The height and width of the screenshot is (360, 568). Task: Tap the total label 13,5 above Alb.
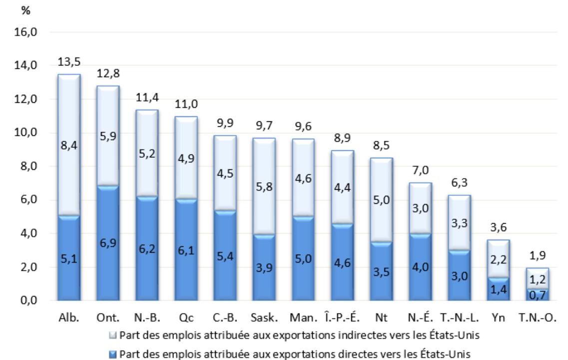[69, 62]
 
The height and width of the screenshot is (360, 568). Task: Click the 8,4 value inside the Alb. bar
[69, 145]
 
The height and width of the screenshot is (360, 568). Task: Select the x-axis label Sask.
[263, 318]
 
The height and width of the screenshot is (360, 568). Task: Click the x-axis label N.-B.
[146, 318]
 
